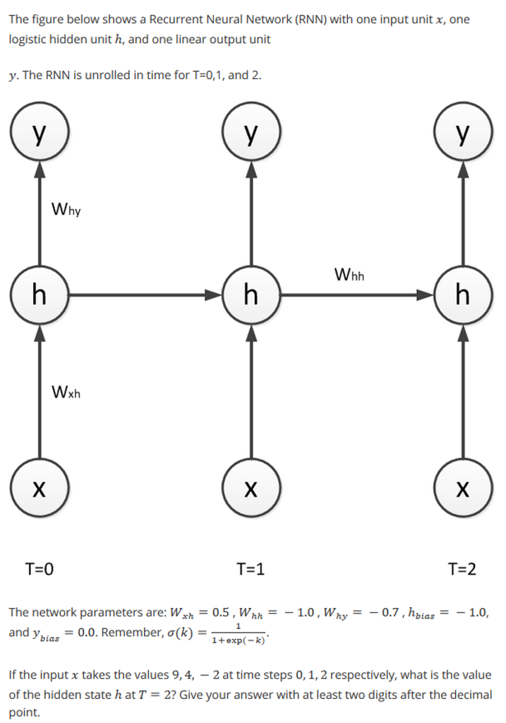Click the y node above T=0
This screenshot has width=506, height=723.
coord(39,133)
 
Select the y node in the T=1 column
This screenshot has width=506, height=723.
coord(251,133)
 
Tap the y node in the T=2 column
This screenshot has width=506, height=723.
coord(462,133)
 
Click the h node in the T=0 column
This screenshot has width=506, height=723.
coord(39,294)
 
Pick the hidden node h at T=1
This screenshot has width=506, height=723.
coord(251,294)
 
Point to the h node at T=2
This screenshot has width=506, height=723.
coord(462,294)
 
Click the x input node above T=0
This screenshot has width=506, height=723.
coord(39,487)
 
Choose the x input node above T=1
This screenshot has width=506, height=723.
coord(251,487)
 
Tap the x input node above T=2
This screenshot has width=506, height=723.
coord(462,487)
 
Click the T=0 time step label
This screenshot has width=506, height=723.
coord(40,568)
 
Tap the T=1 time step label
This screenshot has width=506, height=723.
coord(251,568)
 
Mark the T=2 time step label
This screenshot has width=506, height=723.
coord(462,568)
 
